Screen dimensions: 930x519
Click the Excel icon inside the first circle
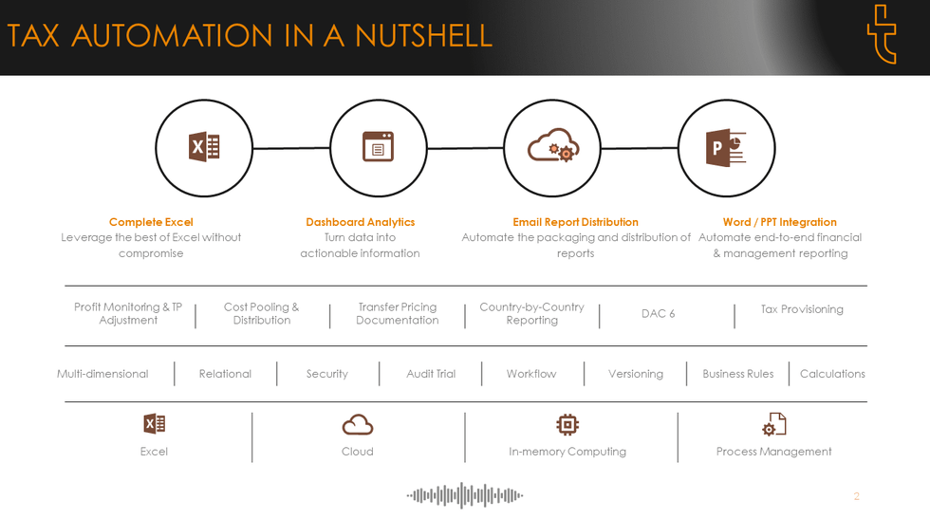tap(204, 147)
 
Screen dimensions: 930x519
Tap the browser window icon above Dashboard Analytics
tap(379, 146)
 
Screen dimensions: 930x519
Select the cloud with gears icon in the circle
tap(553, 145)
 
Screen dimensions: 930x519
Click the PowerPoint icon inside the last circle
tap(725, 148)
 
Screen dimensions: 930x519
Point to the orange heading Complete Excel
tap(151, 222)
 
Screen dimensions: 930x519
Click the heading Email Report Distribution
tap(575, 222)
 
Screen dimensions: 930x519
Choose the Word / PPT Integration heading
tap(779, 222)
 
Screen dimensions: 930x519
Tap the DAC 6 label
tap(658, 313)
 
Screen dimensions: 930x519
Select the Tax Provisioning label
tap(802, 309)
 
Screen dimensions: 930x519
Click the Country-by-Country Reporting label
tap(532, 313)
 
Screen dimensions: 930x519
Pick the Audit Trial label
tap(431, 374)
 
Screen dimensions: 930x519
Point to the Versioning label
tap(635, 374)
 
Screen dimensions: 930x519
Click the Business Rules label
tap(738, 374)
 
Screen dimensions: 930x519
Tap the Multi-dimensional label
tap(102, 374)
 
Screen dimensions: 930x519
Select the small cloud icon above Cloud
tap(358, 425)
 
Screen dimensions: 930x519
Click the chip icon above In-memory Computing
tap(567, 425)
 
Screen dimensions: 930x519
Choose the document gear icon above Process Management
tap(774, 424)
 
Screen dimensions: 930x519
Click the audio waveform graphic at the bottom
tap(464, 495)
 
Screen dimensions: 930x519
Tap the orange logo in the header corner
tap(882, 34)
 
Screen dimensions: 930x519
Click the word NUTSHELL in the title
tap(423, 36)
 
